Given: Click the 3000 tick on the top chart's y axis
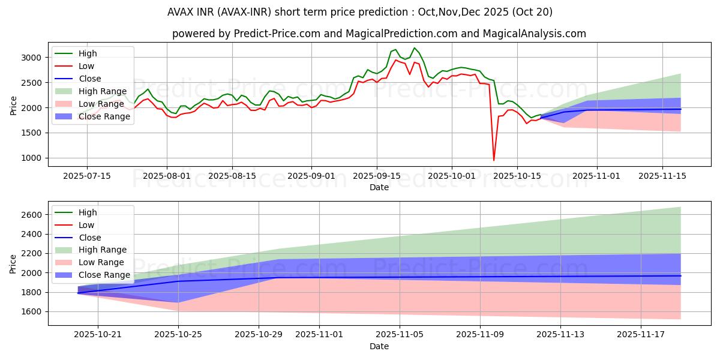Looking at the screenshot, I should [31, 58].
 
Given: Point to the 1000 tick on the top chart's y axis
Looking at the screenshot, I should [31, 158].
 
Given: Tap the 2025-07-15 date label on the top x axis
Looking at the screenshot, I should [87, 176].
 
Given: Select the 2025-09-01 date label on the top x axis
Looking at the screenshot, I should [311, 176].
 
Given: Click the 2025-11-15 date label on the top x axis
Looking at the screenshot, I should [662, 176].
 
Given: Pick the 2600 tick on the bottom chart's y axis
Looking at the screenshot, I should [31, 215].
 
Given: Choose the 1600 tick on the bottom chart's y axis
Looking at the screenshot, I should [31, 311].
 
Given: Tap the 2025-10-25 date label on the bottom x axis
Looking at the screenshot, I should [178, 334].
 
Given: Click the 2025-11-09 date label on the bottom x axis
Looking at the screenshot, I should [480, 334].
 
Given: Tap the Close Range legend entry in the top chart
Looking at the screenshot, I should [104, 116].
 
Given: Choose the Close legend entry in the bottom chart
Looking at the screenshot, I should [89, 238].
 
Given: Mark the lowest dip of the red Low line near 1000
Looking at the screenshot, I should [494, 160].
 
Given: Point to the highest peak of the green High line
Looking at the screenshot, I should [414, 48].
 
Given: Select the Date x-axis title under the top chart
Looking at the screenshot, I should [379, 187].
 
